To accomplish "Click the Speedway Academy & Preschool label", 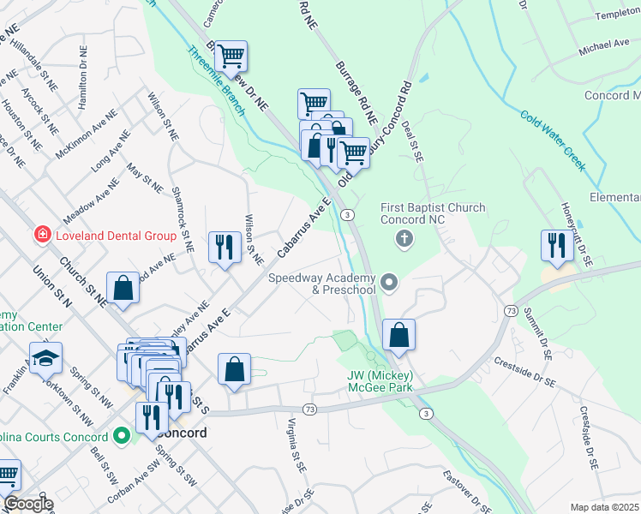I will [x=322, y=284].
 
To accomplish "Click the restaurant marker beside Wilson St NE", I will [x=225, y=248].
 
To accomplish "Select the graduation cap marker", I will [x=45, y=360].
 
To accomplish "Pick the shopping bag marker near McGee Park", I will [x=398, y=335].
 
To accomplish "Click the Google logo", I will [x=27, y=504].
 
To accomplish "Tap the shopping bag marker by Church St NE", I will [x=123, y=289].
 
